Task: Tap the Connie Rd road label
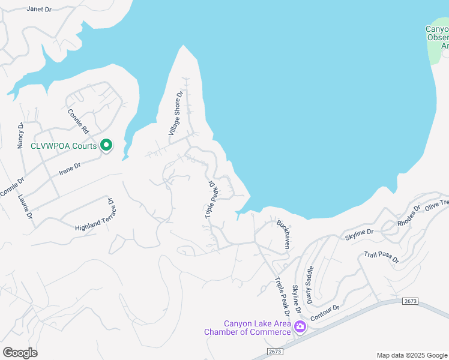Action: (x=78, y=121)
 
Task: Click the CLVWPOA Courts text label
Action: (x=64, y=146)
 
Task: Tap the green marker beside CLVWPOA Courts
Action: (x=106, y=145)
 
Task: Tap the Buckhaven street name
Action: (x=283, y=234)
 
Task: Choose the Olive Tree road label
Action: (x=437, y=204)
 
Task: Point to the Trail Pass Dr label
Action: (x=381, y=257)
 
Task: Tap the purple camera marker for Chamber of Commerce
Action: (x=300, y=327)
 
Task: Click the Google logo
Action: (x=20, y=352)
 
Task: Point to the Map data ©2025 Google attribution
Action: (x=411, y=355)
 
